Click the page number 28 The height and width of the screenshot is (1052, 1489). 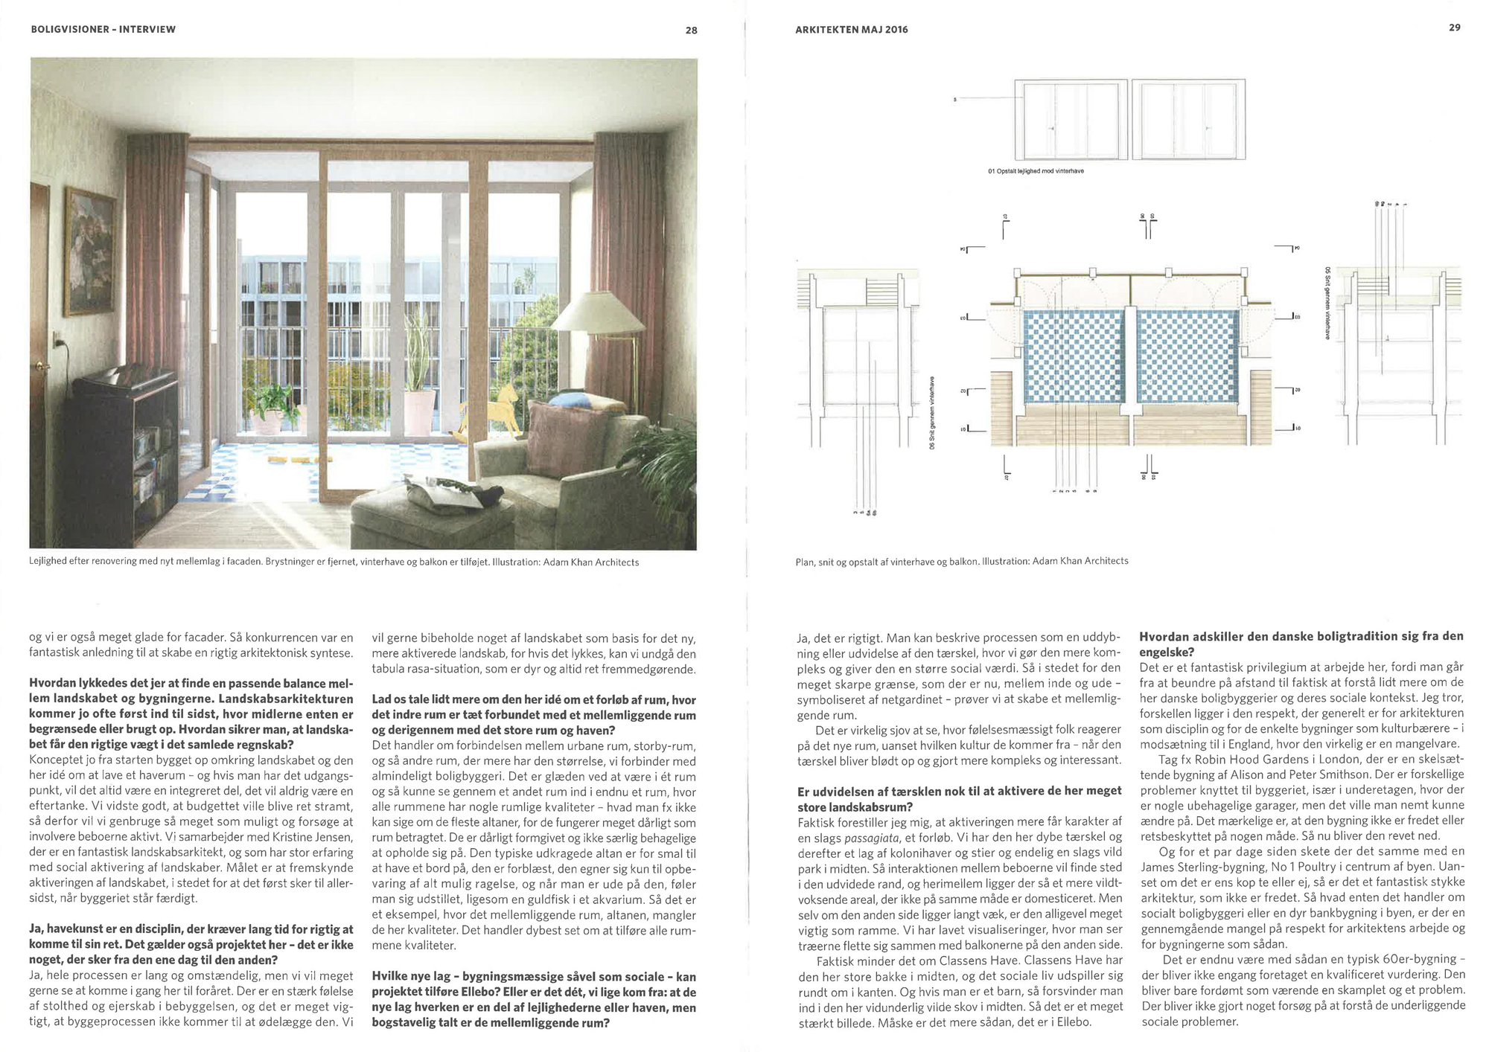(x=691, y=31)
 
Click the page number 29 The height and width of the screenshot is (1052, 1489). (x=1454, y=28)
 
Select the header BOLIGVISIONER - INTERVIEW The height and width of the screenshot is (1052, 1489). (x=103, y=30)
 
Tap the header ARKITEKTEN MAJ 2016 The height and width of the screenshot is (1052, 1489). (x=851, y=30)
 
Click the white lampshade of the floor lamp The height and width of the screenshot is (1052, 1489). (x=597, y=312)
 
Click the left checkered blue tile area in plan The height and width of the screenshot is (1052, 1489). (x=1074, y=356)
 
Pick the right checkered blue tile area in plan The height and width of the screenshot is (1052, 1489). (x=1187, y=356)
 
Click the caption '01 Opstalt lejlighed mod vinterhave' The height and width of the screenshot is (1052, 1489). (x=1036, y=171)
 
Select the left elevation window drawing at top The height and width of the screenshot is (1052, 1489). (x=1071, y=121)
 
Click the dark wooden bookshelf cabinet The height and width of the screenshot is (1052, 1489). (x=127, y=439)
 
